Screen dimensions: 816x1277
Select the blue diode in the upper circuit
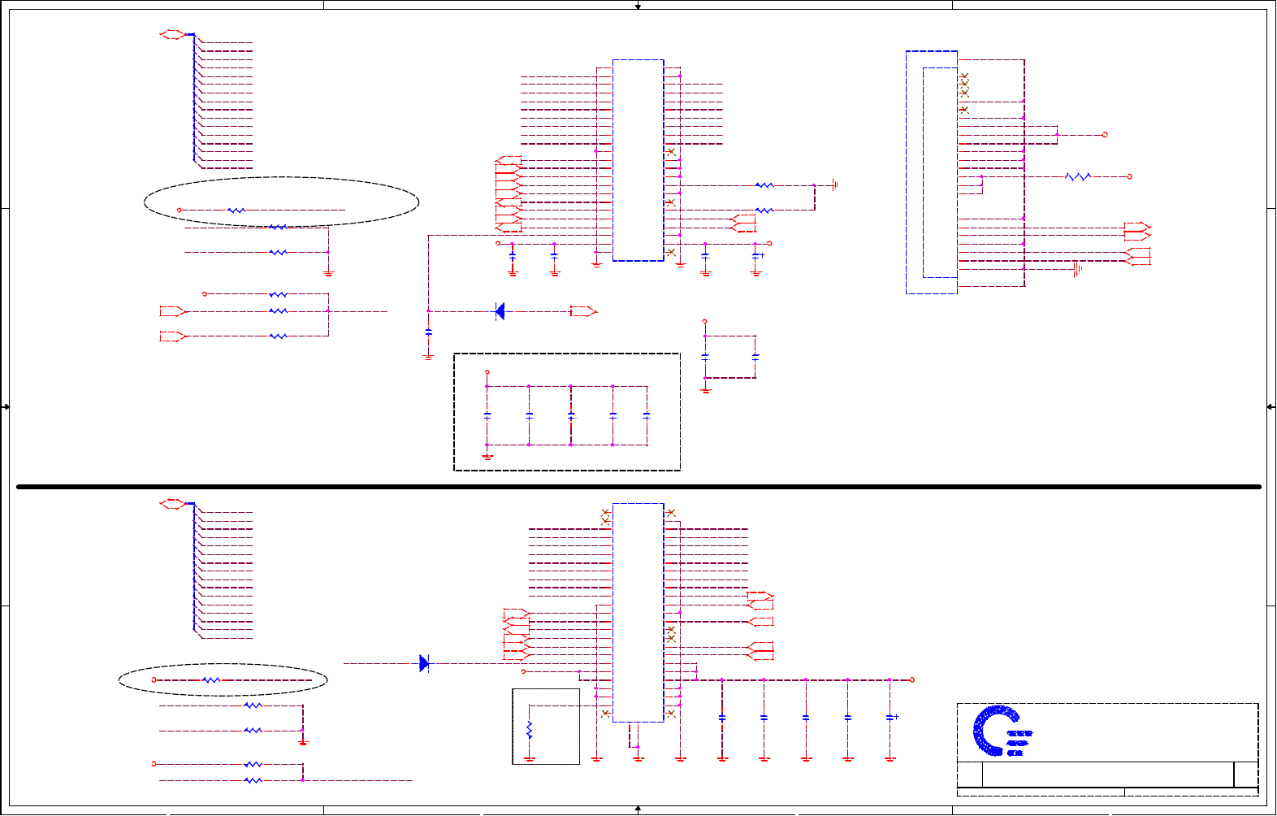point(500,311)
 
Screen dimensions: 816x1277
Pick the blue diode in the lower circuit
point(424,663)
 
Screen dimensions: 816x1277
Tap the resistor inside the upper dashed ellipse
point(236,211)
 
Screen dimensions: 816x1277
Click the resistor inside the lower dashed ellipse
point(210,679)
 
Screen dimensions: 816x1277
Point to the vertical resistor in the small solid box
point(530,729)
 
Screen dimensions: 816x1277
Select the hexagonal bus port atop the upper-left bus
point(172,34)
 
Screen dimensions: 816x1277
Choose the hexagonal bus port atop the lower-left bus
point(172,504)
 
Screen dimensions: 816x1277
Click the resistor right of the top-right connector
point(1078,176)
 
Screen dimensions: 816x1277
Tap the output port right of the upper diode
point(583,311)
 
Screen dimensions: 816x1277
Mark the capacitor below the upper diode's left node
point(428,332)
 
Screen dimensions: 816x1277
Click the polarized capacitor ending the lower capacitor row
point(890,718)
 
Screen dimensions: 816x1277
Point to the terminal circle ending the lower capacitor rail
point(912,679)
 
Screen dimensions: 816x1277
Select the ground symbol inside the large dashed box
point(487,456)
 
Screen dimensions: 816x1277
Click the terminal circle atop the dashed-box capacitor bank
point(487,372)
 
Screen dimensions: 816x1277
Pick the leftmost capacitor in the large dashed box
point(487,415)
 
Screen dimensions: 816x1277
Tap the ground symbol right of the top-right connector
point(1077,269)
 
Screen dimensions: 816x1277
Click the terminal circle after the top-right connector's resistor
point(1129,176)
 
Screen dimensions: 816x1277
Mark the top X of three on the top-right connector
point(964,76)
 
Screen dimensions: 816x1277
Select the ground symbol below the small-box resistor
point(530,759)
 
